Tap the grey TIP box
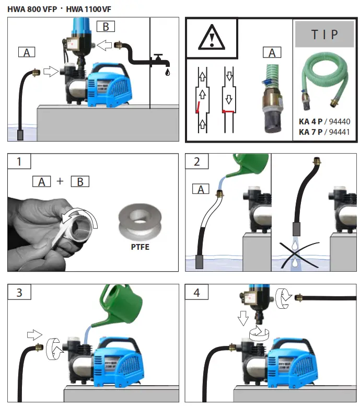point(324,34)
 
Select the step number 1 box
point(19,161)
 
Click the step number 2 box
point(197,161)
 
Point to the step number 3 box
point(19,293)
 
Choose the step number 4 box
point(197,293)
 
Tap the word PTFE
point(140,246)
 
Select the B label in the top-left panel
point(106,27)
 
